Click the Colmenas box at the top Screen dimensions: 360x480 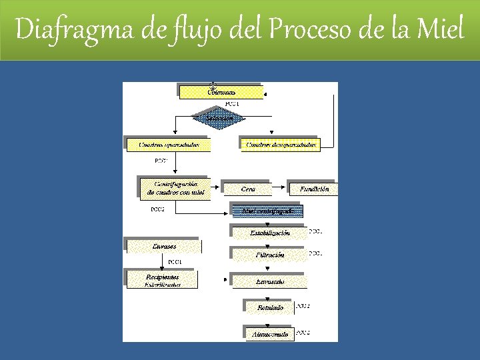pos(221,91)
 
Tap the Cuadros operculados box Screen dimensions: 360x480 pos(168,144)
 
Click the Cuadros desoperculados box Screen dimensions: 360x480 pos(279,144)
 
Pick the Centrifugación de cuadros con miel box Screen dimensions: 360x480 pos(174,189)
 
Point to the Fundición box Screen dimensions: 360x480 pos(313,189)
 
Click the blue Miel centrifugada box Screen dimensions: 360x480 pos(267,211)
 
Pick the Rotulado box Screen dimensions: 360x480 pos(269,308)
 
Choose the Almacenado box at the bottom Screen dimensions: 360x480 pos(269,333)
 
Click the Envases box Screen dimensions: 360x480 pos(163,247)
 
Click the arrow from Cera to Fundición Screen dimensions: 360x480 pos(278,189)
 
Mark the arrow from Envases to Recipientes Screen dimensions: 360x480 pos(163,261)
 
